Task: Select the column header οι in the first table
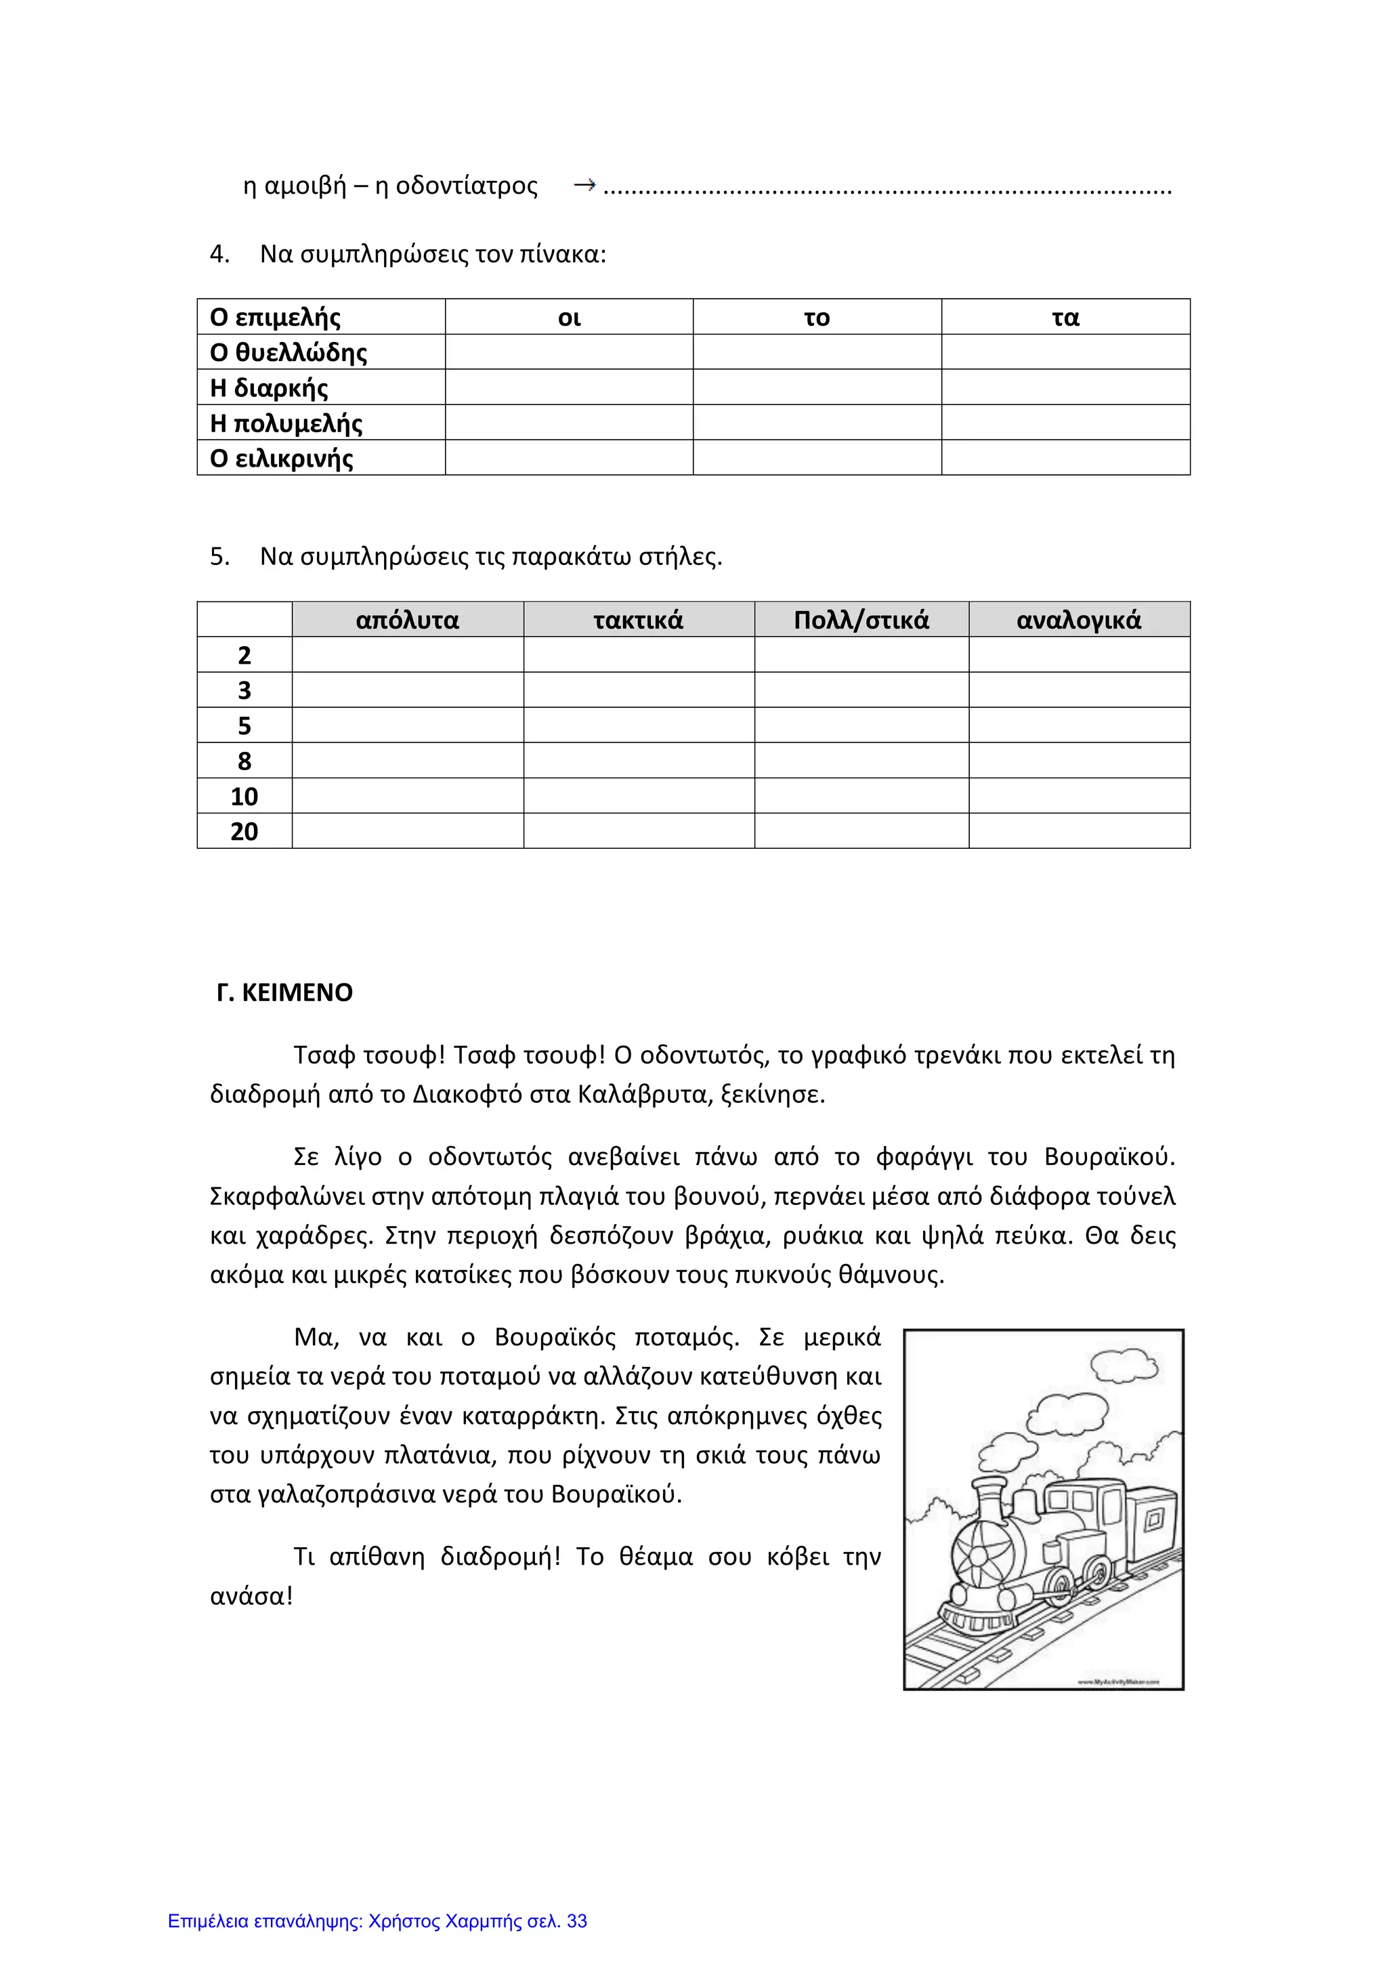(x=569, y=318)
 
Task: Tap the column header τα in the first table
(x=1065, y=318)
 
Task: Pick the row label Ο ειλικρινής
(x=281, y=459)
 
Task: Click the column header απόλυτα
(x=408, y=620)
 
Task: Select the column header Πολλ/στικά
(x=861, y=620)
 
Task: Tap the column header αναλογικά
(x=1079, y=620)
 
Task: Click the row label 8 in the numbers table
(x=244, y=760)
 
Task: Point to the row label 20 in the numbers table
(x=244, y=831)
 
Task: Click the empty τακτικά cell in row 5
(x=638, y=725)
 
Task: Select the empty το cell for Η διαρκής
(x=817, y=387)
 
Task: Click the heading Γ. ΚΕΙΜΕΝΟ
(x=284, y=992)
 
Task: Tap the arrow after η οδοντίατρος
(x=584, y=184)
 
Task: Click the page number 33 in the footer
(x=576, y=1921)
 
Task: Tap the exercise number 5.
(x=219, y=557)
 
